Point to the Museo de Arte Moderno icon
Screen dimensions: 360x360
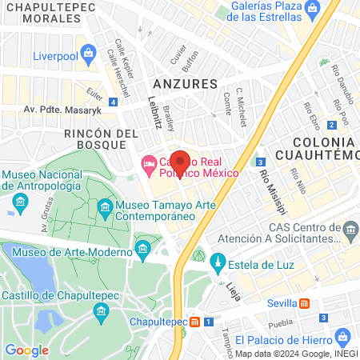coord(143,252)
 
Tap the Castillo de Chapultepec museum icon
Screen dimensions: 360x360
coord(100,310)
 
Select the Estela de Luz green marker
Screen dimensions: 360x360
coord(218,263)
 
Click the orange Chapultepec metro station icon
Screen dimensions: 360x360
coord(195,322)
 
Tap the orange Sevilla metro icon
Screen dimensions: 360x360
coord(305,303)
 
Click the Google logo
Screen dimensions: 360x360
coord(26,350)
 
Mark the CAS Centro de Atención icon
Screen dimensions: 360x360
coord(350,232)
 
